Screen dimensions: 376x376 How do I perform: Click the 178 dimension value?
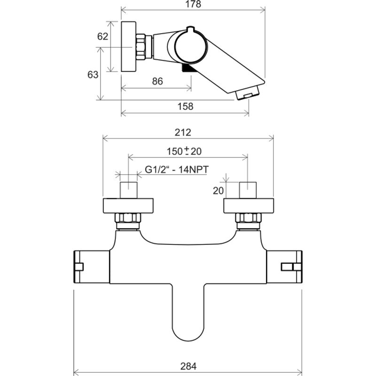[x=193, y=5]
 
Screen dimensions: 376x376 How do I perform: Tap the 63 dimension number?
[x=93, y=74]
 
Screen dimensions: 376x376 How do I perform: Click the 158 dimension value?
[x=186, y=106]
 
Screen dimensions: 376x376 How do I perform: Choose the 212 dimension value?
[x=188, y=132]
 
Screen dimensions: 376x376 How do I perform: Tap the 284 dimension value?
[x=188, y=366]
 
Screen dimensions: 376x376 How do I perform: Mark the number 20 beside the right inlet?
[x=218, y=190]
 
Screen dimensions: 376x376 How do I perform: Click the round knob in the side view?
[x=191, y=47]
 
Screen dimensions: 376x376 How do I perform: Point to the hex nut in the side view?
[x=141, y=47]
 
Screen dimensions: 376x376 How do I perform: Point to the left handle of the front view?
[x=92, y=267]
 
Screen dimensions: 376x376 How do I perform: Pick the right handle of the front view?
[x=284, y=267]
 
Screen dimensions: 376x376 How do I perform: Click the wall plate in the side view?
[x=128, y=47]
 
